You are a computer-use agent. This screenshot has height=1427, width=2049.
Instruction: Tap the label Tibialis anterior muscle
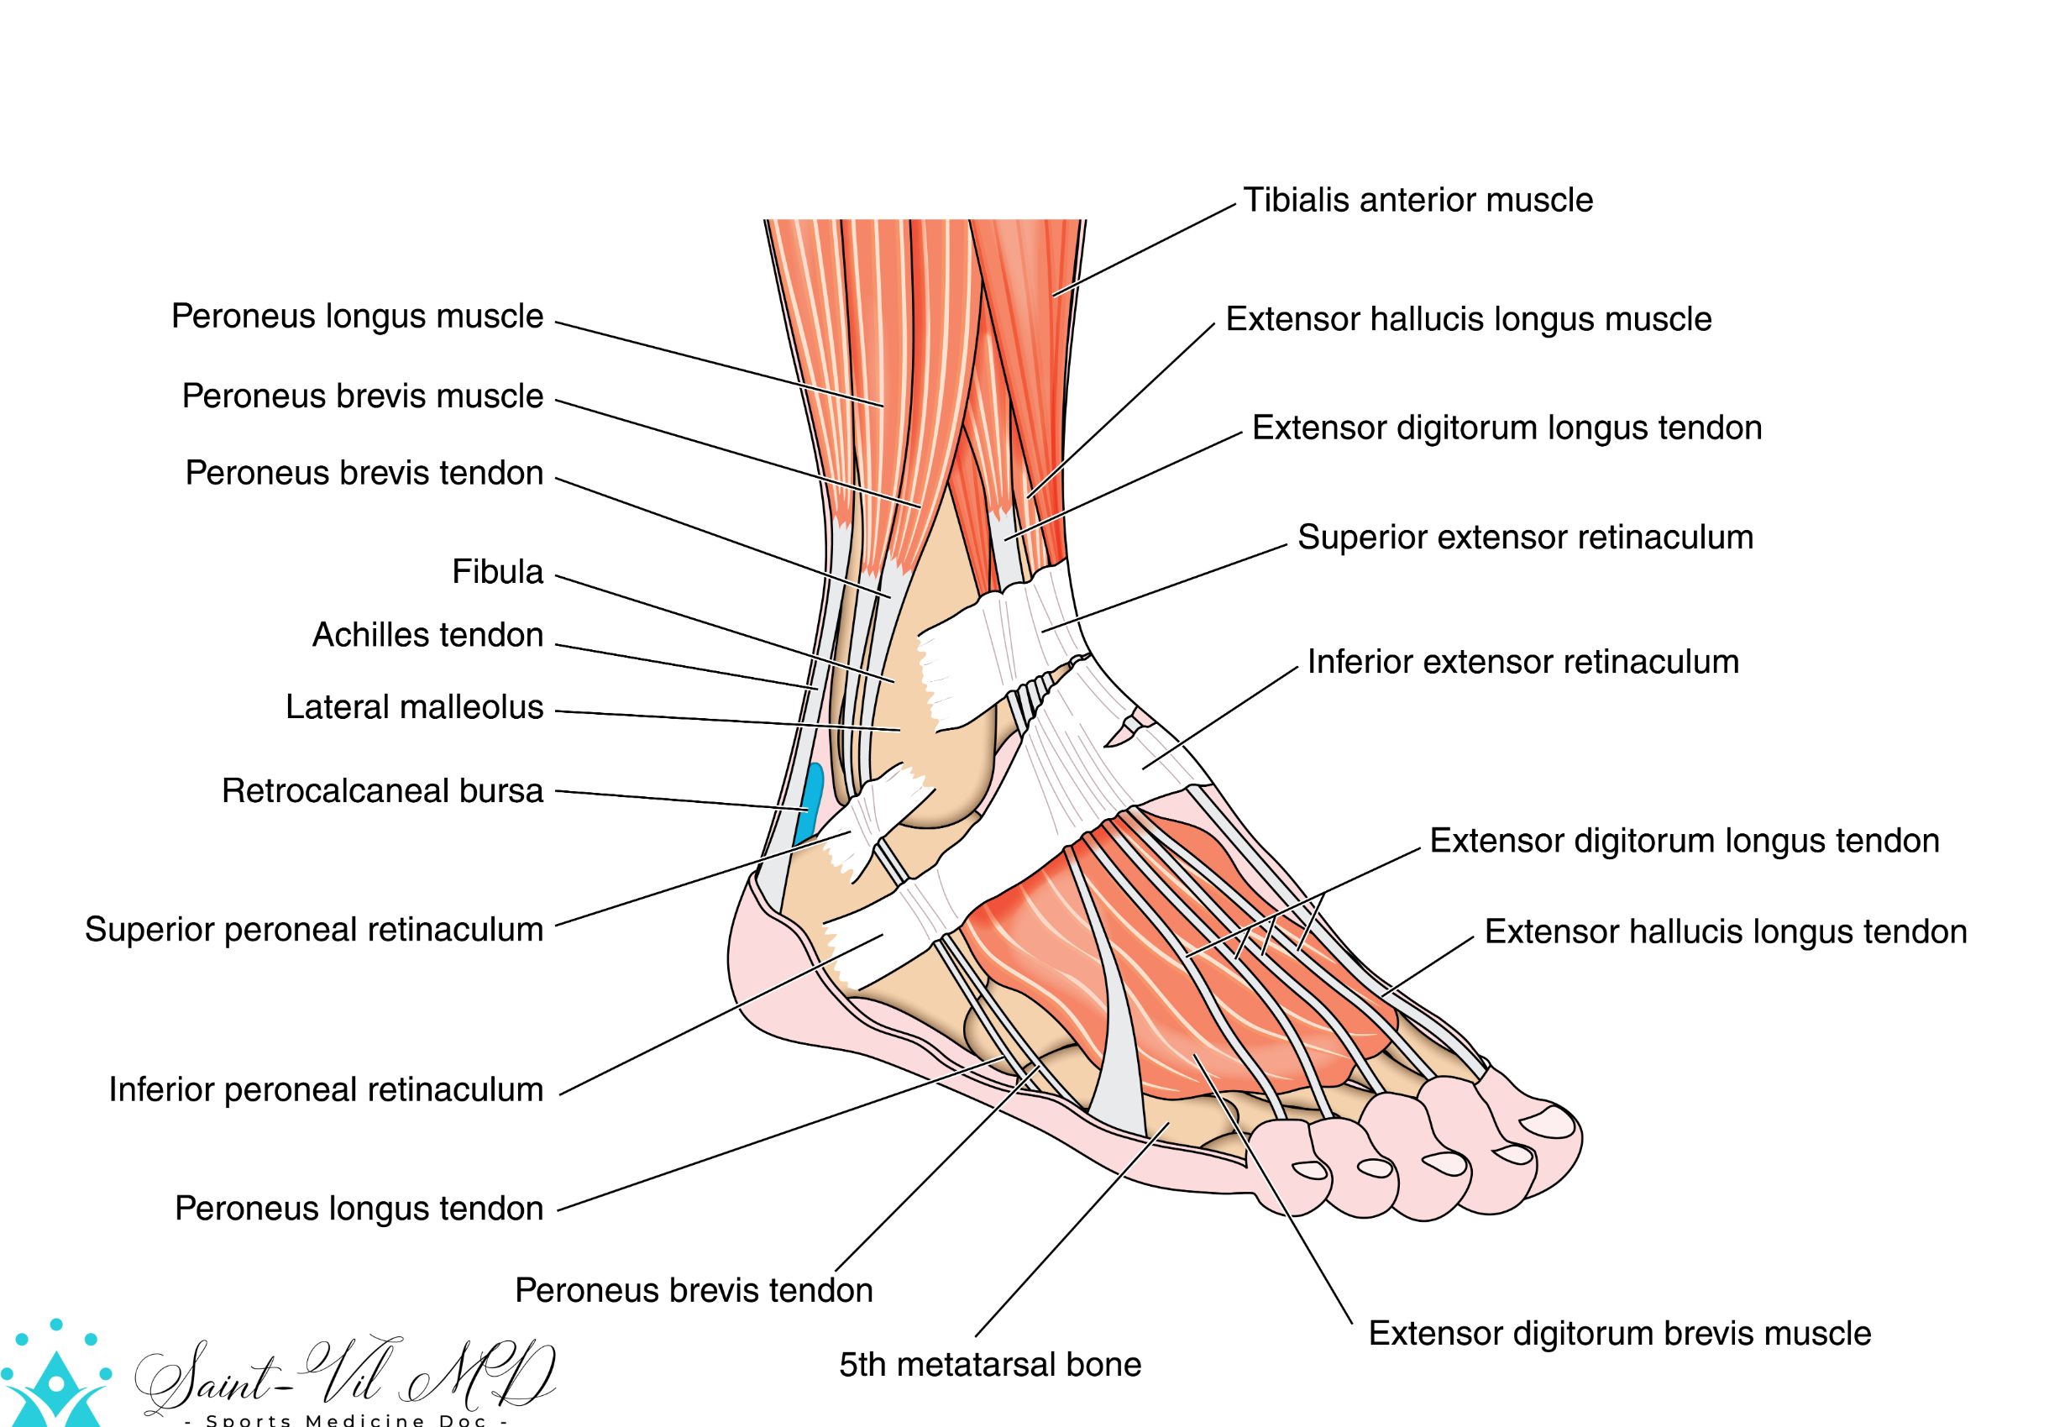1418,201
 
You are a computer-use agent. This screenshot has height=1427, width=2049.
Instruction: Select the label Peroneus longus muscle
357,317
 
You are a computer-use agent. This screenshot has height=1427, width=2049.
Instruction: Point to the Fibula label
497,572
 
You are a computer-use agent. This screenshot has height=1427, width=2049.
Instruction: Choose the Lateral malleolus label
414,708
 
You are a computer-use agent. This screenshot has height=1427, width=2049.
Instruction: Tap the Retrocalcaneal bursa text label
382,791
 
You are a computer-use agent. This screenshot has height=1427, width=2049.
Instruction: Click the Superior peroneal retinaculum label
314,930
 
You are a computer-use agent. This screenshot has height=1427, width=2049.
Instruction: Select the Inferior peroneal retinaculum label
326,1089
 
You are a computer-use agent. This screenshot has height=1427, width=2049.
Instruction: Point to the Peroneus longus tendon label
359,1209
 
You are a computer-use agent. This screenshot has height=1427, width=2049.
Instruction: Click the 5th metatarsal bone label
990,1365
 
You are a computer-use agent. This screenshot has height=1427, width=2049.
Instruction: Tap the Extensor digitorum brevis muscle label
1620,1333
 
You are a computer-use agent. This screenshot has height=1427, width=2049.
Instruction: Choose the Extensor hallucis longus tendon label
1726,931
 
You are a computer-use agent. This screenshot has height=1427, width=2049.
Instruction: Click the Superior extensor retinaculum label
1525,538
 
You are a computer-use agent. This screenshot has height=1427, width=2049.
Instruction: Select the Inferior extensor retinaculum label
1522,662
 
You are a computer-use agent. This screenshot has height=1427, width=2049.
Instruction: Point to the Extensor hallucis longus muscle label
1468,319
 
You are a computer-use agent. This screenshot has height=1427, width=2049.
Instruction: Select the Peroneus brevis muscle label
362,396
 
